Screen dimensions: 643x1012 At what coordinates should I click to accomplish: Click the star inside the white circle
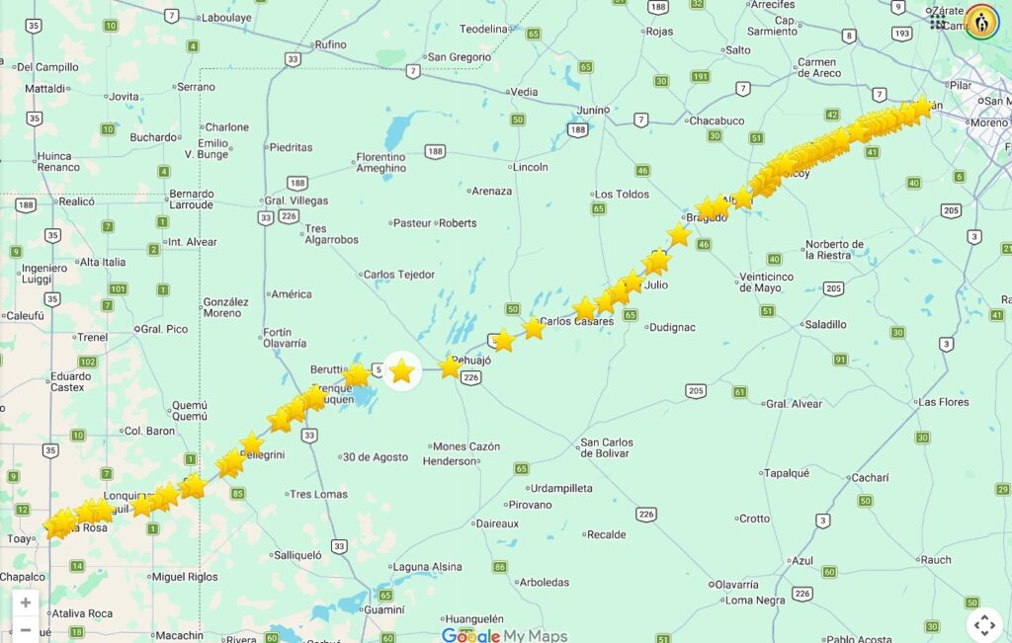pos(401,371)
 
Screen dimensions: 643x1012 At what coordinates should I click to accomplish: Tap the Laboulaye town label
pos(225,17)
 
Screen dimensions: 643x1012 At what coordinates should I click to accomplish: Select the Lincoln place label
pos(531,167)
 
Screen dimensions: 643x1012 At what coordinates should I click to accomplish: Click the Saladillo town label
pos(825,324)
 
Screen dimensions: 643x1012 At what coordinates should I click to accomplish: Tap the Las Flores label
pos(942,402)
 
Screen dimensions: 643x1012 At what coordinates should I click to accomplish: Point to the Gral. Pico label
pos(164,329)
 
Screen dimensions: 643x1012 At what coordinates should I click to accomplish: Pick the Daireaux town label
pos(497,523)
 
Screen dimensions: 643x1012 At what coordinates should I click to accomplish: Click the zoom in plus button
pos(26,603)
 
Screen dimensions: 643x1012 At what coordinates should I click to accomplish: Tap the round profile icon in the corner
pos(981,22)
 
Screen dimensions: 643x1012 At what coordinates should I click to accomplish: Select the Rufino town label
pos(329,44)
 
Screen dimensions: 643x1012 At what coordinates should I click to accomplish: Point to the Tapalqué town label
pos(786,473)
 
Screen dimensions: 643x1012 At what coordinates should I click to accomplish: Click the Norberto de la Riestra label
pos(834,249)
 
